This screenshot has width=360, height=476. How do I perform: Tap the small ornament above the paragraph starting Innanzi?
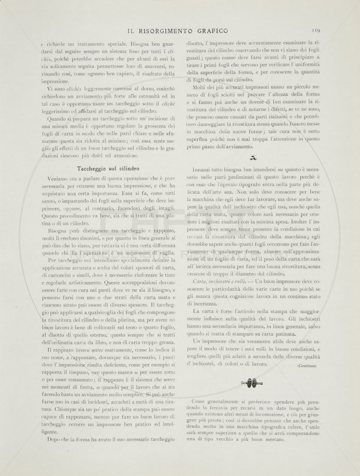252,157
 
